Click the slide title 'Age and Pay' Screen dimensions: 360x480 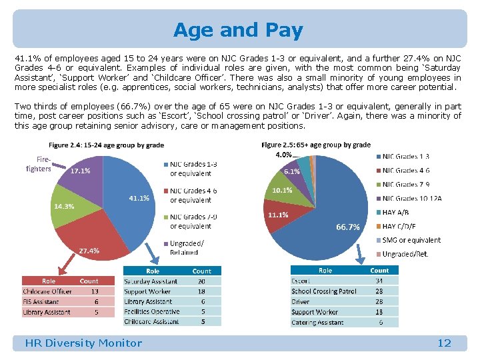point(238,30)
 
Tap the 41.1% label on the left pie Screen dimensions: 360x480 point(139,198)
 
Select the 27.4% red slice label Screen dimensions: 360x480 point(89,251)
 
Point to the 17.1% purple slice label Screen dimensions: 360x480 point(81,171)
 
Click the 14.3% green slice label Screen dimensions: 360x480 point(63,206)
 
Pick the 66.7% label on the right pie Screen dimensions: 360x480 point(347,227)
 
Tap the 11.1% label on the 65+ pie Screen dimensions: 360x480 point(277,215)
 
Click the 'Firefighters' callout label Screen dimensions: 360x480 point(38,164)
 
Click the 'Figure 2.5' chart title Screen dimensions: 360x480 point(316,145)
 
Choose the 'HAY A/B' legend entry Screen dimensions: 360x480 point(395,212)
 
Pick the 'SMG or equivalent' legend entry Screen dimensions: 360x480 point(411,240)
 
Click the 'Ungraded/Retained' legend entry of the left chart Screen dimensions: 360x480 point(187,248)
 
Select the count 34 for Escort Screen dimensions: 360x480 point(379,281)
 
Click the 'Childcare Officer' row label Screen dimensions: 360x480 point(47,291)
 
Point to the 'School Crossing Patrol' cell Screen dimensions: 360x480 point(323,291)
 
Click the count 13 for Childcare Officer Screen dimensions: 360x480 point(95,291)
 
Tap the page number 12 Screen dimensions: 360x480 point(444,343)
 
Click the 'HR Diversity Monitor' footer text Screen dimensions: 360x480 point(83,343)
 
